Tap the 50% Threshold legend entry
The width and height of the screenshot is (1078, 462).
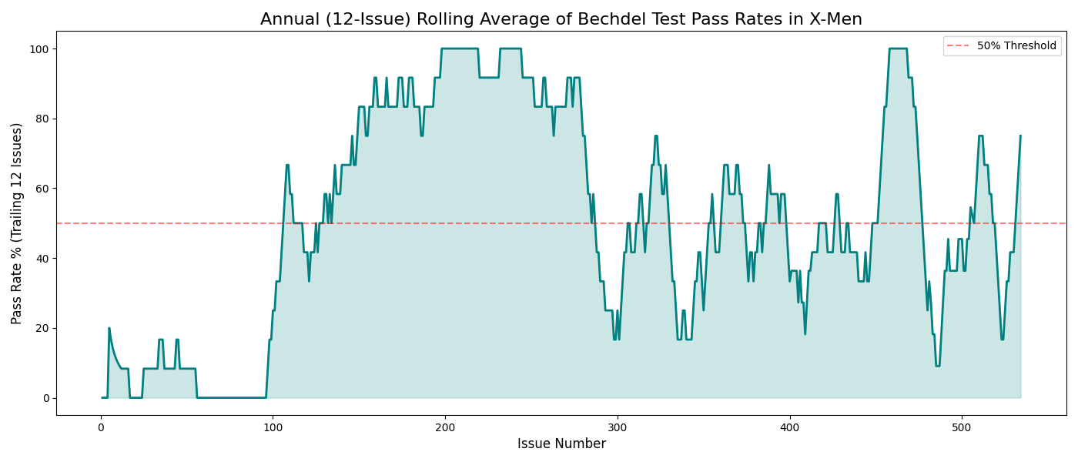click(x=1016, y=46)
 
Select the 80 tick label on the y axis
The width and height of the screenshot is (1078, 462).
click(x=40, y=119)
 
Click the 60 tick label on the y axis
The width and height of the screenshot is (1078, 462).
click(x=40, y=189)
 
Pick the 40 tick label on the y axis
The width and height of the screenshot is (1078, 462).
click(x=40, y=259)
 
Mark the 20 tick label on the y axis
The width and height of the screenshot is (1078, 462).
click(x=40, y=328)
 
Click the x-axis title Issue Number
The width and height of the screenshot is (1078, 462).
click(x=561, y=444)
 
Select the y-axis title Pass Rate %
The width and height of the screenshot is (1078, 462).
click(x=17, y=223)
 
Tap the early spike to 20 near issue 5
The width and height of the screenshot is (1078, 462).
click(x=109, y=328)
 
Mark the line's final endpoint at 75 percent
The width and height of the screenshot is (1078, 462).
click(x=1020, y=136)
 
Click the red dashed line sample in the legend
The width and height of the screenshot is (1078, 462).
click(x=959, y=46)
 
